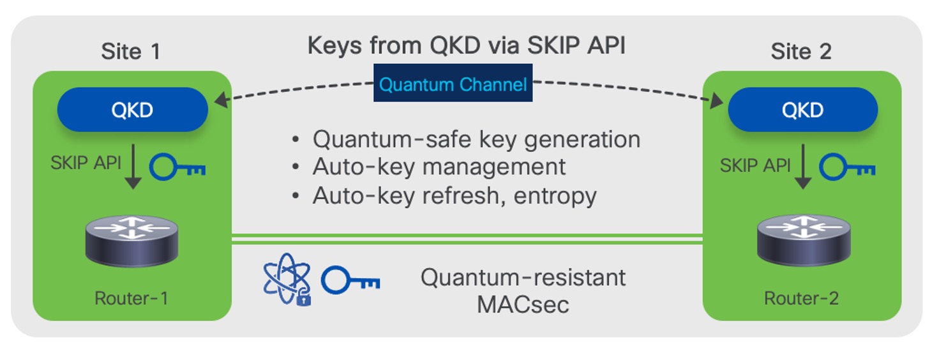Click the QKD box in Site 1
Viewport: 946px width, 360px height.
(x=132, y=110)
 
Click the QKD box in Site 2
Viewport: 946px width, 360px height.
(x=802, y=110)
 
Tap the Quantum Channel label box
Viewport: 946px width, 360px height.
(x=453, y=85)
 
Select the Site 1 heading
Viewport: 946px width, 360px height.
(x=131, y=52)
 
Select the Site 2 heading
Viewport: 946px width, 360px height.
(x=801, y=52)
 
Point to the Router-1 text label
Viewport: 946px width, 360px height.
(x=131, y=298)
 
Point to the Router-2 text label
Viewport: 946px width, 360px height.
(x=802, y=298)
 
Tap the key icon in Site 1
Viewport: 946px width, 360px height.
(x=177, y=167)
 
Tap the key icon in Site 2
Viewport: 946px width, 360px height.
(x=847, y=167)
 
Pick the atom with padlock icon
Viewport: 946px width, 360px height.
(x=287, y=281)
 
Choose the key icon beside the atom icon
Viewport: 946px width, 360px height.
(x=350, y=281)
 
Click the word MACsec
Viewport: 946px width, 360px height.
(x=522, y=304)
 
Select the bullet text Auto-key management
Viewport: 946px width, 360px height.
(x=439, y=167)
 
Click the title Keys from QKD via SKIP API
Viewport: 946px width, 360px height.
(x=466, y=46)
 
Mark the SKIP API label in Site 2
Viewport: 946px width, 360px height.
(x=756, y=165)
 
